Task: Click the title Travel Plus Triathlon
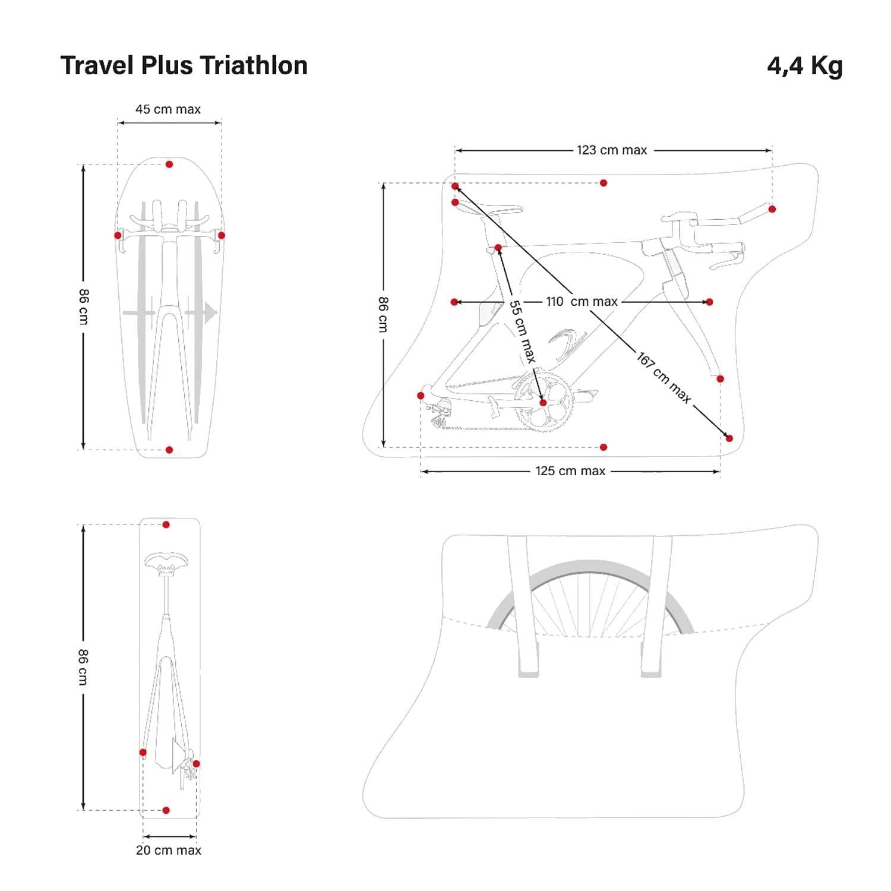184,65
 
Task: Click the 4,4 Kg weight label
804,65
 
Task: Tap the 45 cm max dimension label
168,109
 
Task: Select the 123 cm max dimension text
612,150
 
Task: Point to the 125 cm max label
570,471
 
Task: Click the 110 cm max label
582,302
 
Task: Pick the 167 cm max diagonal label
663,378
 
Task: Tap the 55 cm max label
522,331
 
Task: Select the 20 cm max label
169,850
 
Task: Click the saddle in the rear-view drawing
166,561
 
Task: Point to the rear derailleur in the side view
440,413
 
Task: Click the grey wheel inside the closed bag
589,594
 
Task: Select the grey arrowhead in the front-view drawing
210,312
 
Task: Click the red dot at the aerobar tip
772,209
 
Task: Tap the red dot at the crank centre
543,403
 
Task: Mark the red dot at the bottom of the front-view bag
169,450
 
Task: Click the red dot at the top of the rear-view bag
166,525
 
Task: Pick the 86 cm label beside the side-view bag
383,314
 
